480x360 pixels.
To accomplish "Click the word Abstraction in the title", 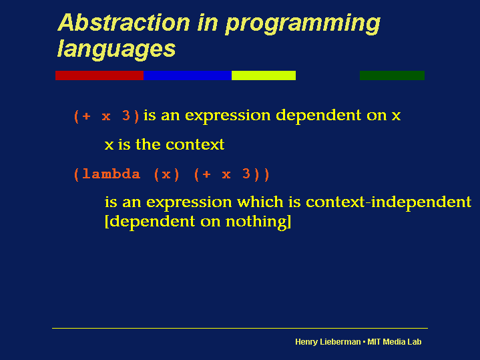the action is click(124, 23).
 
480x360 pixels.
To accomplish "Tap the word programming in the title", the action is click(303, 25).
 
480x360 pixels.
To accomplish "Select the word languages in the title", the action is click(116, 49).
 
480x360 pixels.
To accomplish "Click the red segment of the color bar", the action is click(99, 75).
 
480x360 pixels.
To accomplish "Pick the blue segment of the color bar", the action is click(188, 75).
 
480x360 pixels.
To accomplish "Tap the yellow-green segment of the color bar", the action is click(264, 75).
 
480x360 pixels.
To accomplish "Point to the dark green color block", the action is click(392, 75).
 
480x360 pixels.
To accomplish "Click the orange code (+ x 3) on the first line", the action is click(107, 116).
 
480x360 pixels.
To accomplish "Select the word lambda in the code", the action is click(111, 174).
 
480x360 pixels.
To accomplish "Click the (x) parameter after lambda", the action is click(166, 174).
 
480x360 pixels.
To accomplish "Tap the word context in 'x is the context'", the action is click(195, 145).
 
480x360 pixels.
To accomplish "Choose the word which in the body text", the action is click(260, 202).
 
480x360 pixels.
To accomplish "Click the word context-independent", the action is click(389, 202).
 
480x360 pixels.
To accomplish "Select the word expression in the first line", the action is click(228, 116).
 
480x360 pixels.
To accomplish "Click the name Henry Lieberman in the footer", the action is click(328, 342).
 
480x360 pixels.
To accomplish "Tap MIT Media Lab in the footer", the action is click(395, 341).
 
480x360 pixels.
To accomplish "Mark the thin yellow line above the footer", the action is click(240, 328).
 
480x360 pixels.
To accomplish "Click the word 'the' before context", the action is click(148, 144).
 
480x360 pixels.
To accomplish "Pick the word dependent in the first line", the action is click(318, 116).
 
